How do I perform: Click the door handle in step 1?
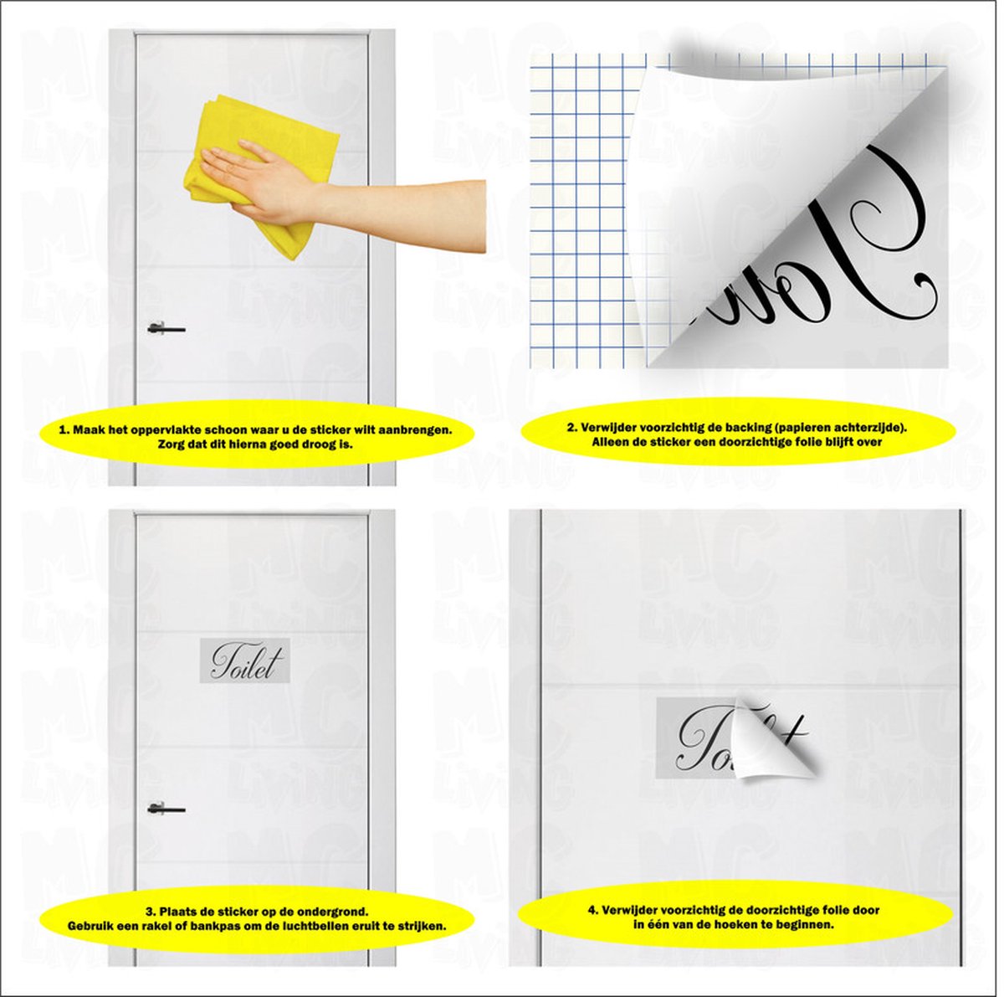(166, 328)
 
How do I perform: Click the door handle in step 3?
(166, 809)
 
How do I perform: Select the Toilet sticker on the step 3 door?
(243, 660)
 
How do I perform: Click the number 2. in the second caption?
(571, 427)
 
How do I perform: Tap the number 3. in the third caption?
(149, 911)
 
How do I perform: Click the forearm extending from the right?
(402, 213)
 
